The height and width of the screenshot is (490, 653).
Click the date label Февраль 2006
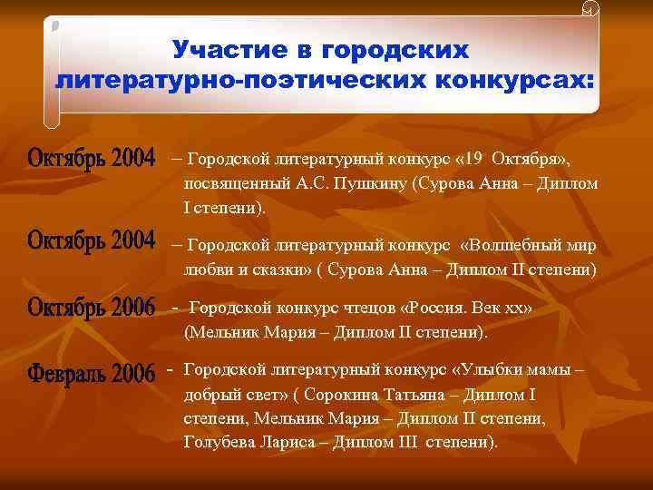click(x=91, y=373)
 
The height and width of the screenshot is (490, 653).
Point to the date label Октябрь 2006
click(x=91, y=308)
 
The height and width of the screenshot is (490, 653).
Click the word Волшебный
click(x=518, y=245)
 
